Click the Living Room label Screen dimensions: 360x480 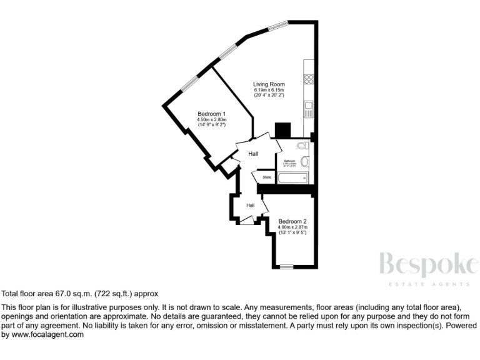(269, 84)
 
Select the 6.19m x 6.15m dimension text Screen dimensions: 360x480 (269, 90)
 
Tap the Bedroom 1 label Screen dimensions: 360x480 (211, 114)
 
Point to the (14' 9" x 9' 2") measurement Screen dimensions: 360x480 (211, 125)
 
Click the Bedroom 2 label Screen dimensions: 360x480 (292, 221)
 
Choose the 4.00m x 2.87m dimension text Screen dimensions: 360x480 (292, 227)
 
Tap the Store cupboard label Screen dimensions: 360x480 (266, 177)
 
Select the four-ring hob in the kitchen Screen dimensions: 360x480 (308, 79)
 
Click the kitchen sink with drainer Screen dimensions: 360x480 (308, 110)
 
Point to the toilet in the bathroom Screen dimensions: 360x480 (302, 146)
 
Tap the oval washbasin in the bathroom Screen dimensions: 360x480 (304, 161)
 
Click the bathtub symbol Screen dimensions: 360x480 (292, 178)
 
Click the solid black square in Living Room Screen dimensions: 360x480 (282, 130)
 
